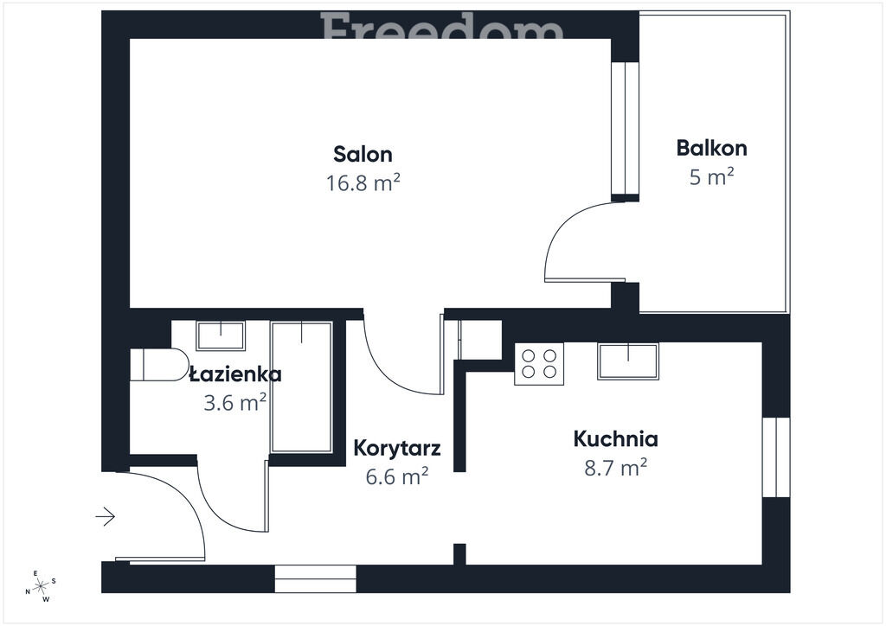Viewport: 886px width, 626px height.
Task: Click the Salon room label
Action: pos(363,154)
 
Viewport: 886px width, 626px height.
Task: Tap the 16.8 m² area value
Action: pos(363,183)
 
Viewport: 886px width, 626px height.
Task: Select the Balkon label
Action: pos(711,148)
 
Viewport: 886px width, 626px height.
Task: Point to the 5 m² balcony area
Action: pos(711,176)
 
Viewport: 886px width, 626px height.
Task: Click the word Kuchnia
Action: pos(615,439)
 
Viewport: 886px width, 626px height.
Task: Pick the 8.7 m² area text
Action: pos(615,468)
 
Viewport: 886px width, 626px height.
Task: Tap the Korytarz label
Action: pos(396,448)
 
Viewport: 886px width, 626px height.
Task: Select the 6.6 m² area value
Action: pos(396,477)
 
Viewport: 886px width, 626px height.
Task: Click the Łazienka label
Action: pos(235,374)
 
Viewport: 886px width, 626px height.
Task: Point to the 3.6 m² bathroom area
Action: pos(235,403)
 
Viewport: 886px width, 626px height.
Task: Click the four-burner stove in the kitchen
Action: pos(538,363)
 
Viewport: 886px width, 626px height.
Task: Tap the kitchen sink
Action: pos(628,361)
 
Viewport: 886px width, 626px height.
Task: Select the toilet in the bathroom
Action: pos(159,365)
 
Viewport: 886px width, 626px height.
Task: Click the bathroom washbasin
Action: pos(221,335)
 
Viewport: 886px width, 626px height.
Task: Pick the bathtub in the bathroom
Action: pos(301,387)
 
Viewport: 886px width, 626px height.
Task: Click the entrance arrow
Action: pos(106,516)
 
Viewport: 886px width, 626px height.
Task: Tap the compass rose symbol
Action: pos(41,586)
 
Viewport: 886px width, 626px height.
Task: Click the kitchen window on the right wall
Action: pos(776,457)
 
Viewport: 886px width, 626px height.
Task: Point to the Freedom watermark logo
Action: pos(442,26)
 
